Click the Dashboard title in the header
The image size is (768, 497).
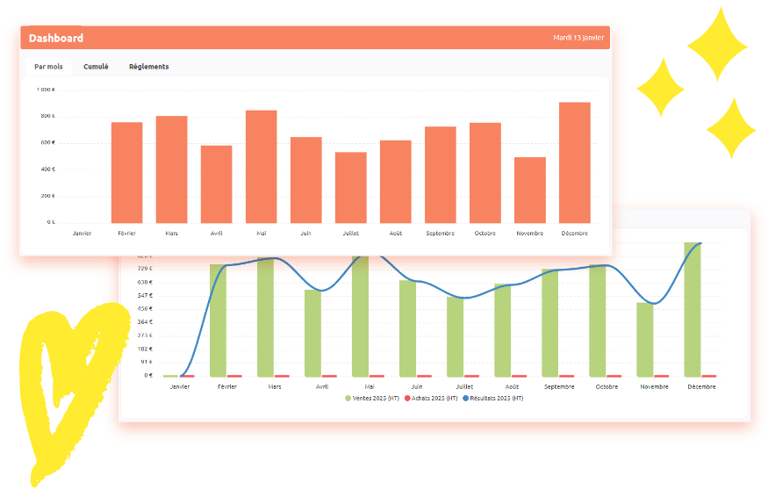[56, 38]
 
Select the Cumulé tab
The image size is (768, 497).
[96, 67]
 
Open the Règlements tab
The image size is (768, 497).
[149, 67]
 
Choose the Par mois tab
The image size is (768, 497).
[48, 67]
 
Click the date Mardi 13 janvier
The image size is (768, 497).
[578, 38]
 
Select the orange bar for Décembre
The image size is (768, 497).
[574, 162]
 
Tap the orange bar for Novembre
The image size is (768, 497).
[529, 190]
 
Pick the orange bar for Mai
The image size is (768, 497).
[261, 166]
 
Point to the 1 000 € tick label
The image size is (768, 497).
[46, 90]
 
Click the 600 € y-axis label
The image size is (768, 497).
[47, 143]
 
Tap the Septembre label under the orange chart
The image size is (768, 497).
[440, 234]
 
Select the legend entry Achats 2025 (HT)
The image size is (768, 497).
[431, 399]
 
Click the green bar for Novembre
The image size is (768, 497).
[645, 339]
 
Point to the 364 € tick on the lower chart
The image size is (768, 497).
[145, 322]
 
